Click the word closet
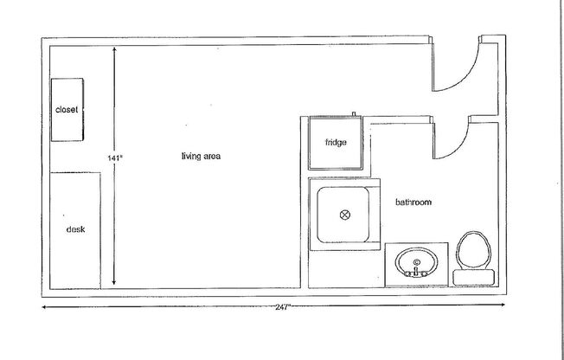(x=67, y=111)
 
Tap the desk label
(x=75, y=229)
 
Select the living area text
(x=202, y=157)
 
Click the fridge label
(x=336, y=143)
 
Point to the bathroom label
(x=413, y=202)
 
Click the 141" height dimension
(x=115, y=158)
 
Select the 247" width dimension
(x=282, y=307)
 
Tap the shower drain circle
(x=343, y=214)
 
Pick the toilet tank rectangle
(x=474, y=276)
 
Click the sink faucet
(x=416, y=272)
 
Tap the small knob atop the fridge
(x=355, y=114)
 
